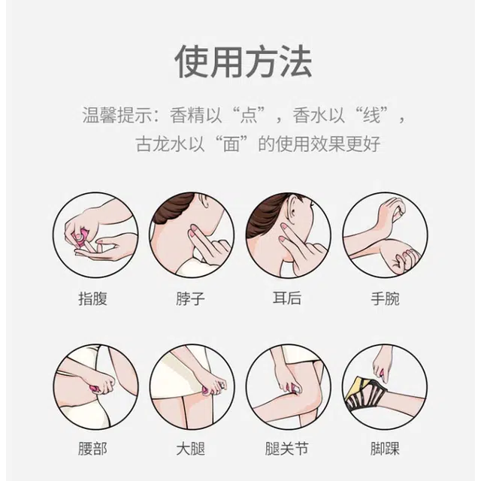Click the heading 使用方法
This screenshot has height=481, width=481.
point(244,62)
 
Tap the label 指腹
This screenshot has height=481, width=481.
point(92,299)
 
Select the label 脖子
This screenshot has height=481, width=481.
point(190,299)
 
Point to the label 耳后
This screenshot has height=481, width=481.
point(287,298)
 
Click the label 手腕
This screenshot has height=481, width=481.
point(385,299)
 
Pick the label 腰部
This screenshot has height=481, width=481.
point(92,449)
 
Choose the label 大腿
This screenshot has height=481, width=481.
point(190,449)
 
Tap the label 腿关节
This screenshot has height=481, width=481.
point(287,449)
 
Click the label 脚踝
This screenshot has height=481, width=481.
point(385,449)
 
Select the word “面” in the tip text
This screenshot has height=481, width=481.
point(231,144)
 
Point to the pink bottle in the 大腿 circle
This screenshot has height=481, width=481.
point(205,390)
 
